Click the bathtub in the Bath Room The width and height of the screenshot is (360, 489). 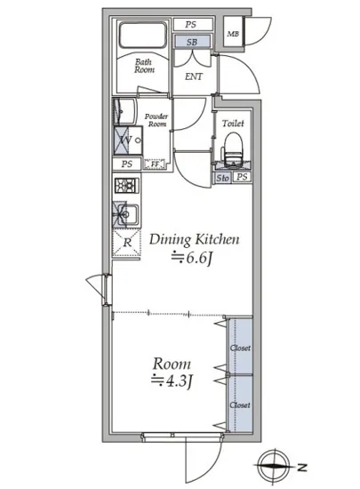(x=143, y=35)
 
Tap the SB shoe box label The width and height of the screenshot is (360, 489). (x=192, y=42)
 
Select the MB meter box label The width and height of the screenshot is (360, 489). (x=233, y=34)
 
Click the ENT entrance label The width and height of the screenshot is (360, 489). (x=194, y=76)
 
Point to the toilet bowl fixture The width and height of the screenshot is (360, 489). (x=234, y=148)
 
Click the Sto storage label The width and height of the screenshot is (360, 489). (x=223, y=178)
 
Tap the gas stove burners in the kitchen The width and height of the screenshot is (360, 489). (x=127, y=186)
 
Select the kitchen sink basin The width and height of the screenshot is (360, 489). (x=127, y=214)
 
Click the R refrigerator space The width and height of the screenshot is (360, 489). (x=127, y=243)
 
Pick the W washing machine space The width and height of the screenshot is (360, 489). (x=128, y=140)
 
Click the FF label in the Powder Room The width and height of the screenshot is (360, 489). (x=155, y=164)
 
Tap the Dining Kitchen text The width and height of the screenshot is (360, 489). (x=194, y=239)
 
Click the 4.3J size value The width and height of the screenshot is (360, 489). (x=172, y=381)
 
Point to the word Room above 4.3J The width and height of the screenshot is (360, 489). (x=172, y=364)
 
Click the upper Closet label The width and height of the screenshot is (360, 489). (x=240, y=348)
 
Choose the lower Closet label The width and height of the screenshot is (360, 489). (x=240, y=405)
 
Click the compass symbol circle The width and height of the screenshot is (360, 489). (x=275, y=466)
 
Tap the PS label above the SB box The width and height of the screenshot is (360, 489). (x=191, y=24)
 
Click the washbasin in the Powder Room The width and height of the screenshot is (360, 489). (x=124, y=111)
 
